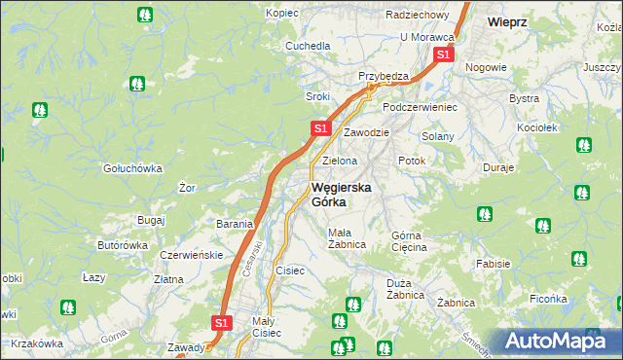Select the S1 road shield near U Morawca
coord(443,55)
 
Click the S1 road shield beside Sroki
coord(321,127)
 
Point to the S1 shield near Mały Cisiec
coord(221,322)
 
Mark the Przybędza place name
coord(383,76)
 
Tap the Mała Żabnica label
coord(347,238)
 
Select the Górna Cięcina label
coord(409,241)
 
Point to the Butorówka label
coord(123,246)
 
